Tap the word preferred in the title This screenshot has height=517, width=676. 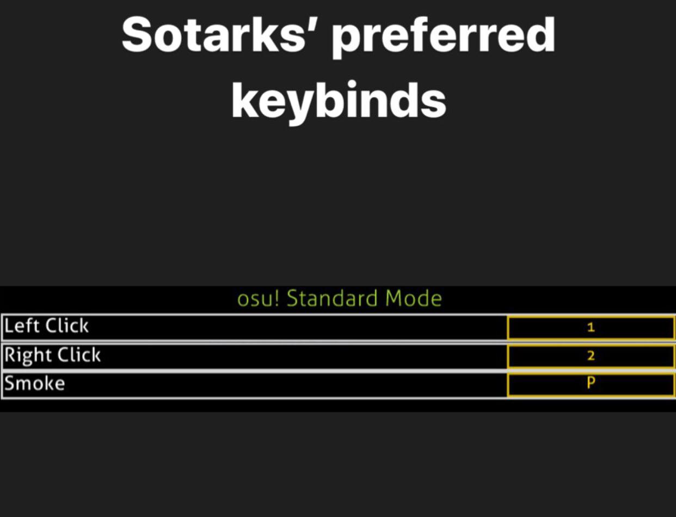click(x=443, y=37)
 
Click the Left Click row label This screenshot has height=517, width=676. click(x=46, y=327)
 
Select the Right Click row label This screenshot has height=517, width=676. click(x=53, y=355)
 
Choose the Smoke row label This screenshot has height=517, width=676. click(x=35, y=384)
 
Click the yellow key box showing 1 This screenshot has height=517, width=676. click(x=591, y=328)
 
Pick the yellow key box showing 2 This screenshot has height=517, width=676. click(x=591, y=356)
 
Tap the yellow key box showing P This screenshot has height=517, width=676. click(x=591, y=384)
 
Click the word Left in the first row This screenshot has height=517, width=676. click(x=22, y=327)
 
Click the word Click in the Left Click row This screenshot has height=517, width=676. click(x=67, y=327)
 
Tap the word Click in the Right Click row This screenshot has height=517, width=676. click(x=79, y=355)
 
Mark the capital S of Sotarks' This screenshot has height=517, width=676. click(x=137, y=35)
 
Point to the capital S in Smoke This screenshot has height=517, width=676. click(x=10, y=384)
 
